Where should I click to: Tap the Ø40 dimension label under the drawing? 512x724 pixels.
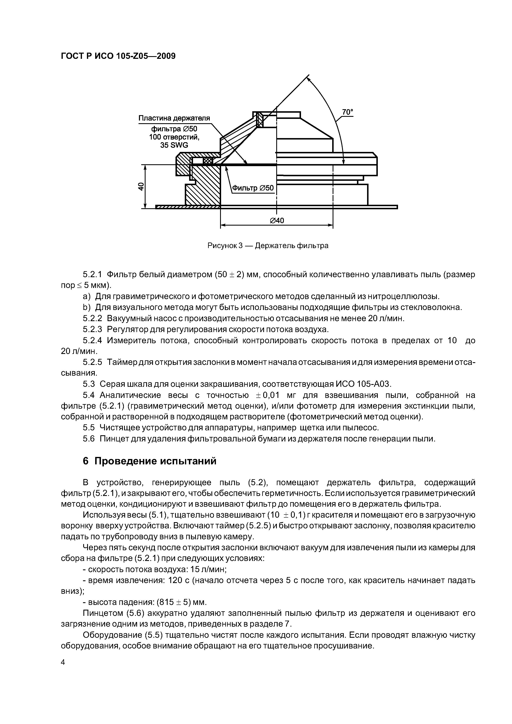277,220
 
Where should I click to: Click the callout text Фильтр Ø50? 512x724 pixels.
253,188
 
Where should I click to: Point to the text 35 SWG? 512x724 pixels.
174,145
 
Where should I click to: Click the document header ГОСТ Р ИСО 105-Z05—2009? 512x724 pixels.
118,56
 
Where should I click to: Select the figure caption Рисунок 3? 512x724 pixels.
225,246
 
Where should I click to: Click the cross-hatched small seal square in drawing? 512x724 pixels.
208,161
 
